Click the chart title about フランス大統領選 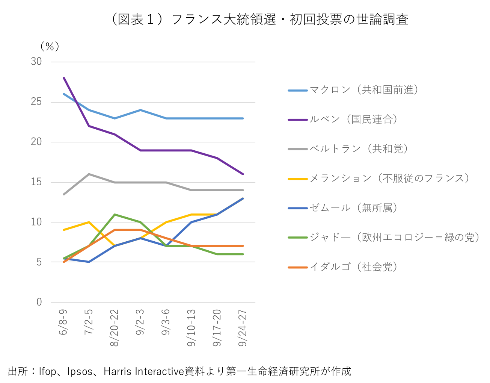pyautogui.click(x=259, y=20)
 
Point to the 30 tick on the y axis pyautogui.click(x=36, y=62)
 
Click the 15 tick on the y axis pyautogui.click(x=36, y=182)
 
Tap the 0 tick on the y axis pyautogui.click(x=39, y=302)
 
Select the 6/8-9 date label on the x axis pyautogui.click(x=63, y=322)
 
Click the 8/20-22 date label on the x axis pyautogui.click(x=115, y=328)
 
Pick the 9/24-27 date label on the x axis pyautogui.click(x=243, y=328)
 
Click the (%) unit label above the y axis pyautogui.click(x=50, y=46)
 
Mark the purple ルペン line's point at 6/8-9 pyautogui.click(x=64, y=78)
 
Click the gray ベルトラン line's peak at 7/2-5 pyautogui.click(x=89, y=174)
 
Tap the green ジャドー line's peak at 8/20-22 pyautogui.click(x=115, y=214)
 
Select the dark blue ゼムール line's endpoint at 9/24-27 pyautogui.click(x=243, y=198)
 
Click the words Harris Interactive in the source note pyautogui.click(x=144, y=371)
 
